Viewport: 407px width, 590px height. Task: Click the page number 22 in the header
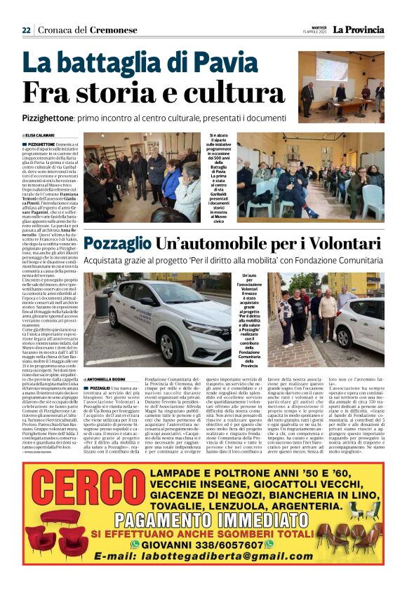tap(27, 29)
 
